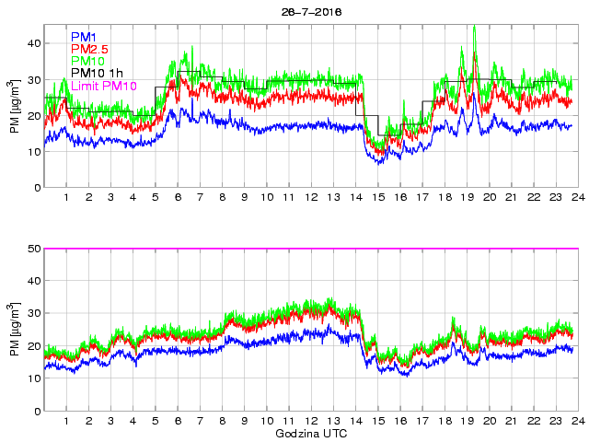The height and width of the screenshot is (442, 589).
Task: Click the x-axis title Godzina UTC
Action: click(x=310, y=433)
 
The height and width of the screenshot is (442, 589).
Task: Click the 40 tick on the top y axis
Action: click(x=34, y=43)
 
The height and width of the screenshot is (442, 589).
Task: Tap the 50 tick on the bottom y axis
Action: click(x=34, y=249)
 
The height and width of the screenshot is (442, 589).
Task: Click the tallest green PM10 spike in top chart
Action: click(x=474, y=28)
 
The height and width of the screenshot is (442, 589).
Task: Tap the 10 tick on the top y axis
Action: click(x=34, y=152)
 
